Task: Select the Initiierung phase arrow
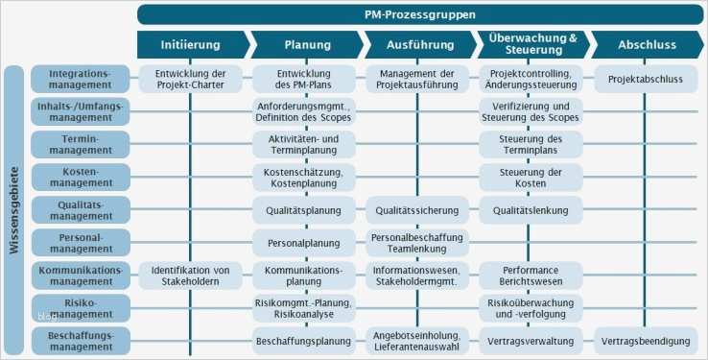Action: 191,44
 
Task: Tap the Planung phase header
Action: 307,44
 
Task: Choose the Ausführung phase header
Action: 419,44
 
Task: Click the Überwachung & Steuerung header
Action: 531,44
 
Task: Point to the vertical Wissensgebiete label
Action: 13,210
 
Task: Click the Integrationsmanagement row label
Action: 80,80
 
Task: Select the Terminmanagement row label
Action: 80,145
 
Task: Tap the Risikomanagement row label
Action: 80,307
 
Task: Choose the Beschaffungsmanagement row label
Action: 80,340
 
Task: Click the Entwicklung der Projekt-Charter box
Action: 190,80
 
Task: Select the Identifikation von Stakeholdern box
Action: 190,276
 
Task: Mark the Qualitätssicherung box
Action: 417,210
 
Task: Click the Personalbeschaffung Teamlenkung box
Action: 417,243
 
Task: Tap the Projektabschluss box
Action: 644,80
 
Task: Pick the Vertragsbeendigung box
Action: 644,341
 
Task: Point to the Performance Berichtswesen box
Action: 531,276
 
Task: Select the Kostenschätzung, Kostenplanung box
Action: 304,178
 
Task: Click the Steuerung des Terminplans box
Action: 531,145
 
